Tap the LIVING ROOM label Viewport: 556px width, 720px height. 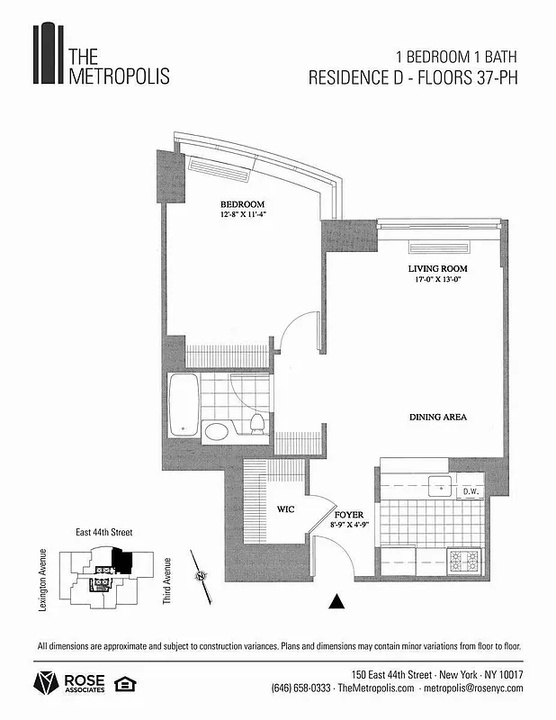tap(438, 268)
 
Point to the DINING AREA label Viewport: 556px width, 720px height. tap(438, 418)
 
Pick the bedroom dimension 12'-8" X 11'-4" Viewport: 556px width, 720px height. tap(243, 215)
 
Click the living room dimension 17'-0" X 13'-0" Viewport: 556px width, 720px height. tap(438, 280)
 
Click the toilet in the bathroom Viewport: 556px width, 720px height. tap(256, 425)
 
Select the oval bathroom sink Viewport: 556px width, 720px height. tap(217, 432)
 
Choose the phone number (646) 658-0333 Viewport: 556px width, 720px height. tap(300, 688)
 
